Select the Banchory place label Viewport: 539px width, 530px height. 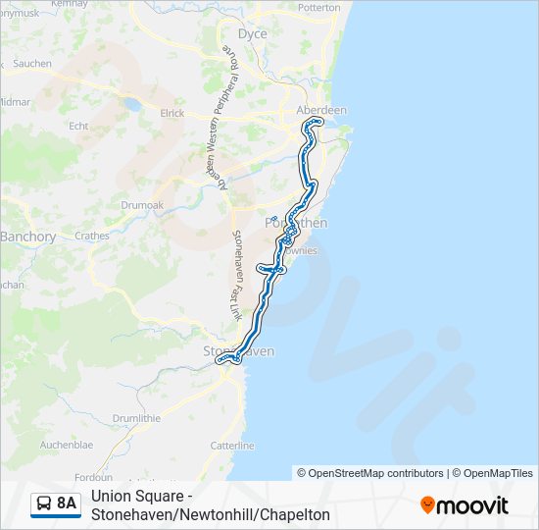point(27,237)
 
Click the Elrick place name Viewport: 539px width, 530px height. point(171,114)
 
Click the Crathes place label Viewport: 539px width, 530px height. point(92,236)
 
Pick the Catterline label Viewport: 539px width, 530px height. point(232,446)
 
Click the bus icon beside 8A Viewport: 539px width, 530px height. point(44,504)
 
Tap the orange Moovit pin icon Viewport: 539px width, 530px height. point(427,505)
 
